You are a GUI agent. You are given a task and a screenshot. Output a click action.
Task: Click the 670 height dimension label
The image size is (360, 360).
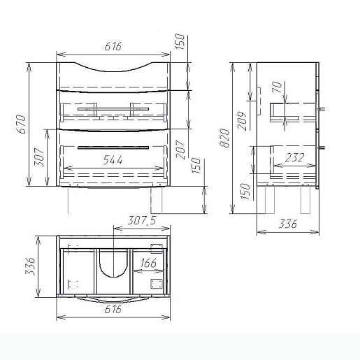click(21, 124)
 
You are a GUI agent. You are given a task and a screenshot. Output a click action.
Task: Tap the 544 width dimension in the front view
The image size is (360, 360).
click(113, 160)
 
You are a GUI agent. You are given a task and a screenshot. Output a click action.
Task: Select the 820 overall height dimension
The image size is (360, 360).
click(225, 138)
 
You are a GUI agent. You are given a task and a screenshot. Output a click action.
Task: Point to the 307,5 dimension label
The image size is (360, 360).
click(142, 220)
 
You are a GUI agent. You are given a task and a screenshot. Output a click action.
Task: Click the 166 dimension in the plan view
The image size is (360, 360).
click(148, 263)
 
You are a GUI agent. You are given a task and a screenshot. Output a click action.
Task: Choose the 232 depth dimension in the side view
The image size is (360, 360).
click(294, 158)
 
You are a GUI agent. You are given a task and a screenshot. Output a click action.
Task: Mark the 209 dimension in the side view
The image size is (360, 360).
click(242, 121)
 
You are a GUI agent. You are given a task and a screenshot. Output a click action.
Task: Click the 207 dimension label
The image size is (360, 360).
click(180, 150)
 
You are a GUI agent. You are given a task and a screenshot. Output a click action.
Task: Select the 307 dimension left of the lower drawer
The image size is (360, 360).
click(38, 157)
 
